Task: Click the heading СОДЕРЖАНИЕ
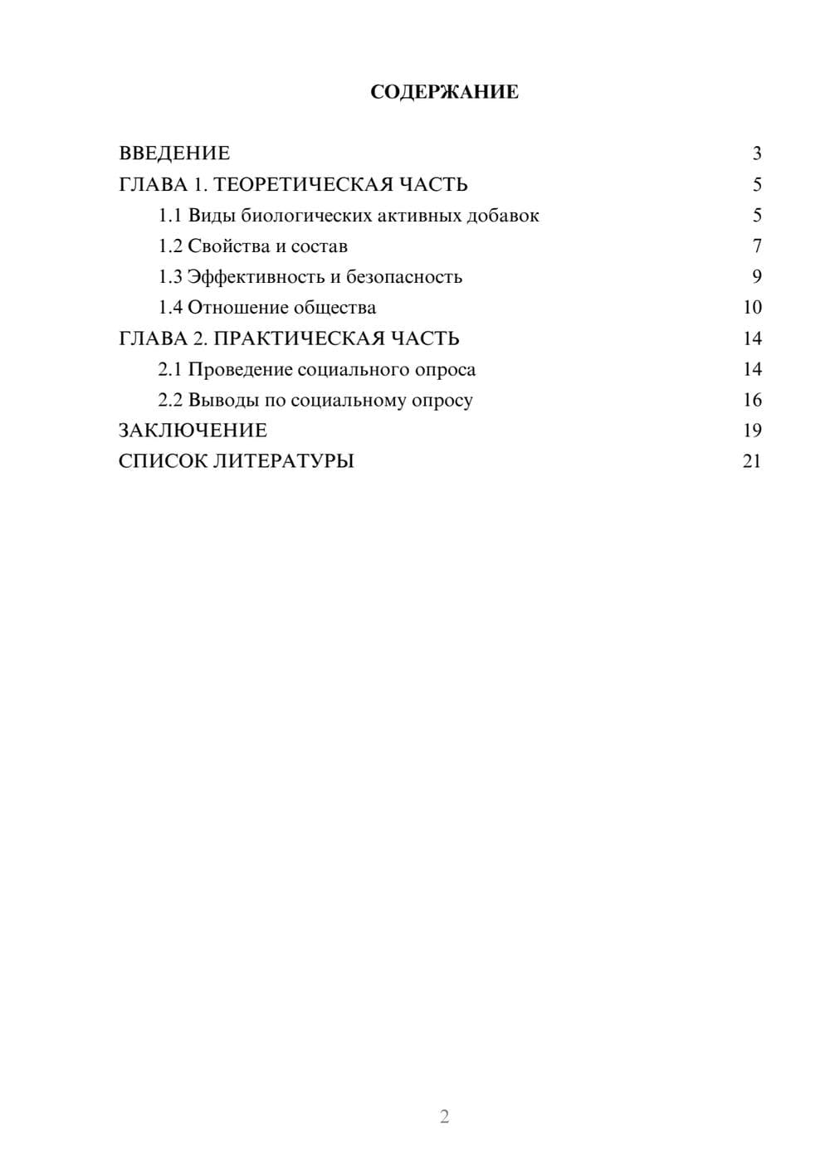tap(444, 92)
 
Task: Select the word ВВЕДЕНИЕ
tap(174, 153)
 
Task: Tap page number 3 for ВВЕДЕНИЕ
tap(757, 153)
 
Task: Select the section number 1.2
tap(170, 246)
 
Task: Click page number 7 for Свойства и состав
tap(757, 246)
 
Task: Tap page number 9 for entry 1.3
tap(757, 277)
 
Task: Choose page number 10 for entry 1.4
tap(752, 308)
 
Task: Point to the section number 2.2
tap(170, 400)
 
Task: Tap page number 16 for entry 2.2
tap(752, 400)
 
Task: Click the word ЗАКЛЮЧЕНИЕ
tap(193, 431)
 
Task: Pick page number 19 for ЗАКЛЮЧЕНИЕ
tap(752, 431)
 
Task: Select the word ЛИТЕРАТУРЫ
tap(284, 461)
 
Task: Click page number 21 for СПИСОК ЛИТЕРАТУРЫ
tap(752, 461)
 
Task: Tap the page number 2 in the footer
tap(444, 1117)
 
